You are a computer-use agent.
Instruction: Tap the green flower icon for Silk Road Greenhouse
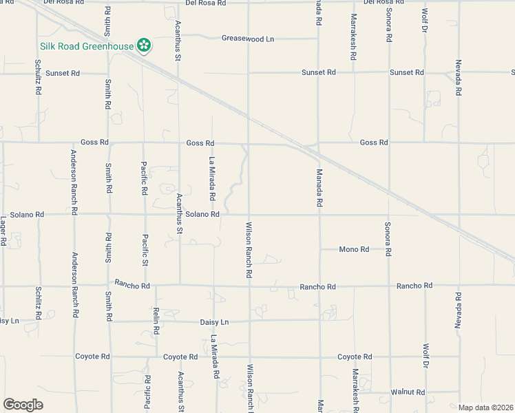(144, 46)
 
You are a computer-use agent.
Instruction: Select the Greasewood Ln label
(248, 39)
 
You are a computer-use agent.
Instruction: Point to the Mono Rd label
(355, 249)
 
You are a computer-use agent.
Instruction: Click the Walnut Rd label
(406, 392)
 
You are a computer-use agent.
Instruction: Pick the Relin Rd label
(156, 321)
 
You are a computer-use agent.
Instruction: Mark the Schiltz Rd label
(38, 302)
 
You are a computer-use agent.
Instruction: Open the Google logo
(23, 405)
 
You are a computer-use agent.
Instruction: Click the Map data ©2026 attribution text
(485, 407)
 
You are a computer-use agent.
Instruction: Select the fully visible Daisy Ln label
(214, 321)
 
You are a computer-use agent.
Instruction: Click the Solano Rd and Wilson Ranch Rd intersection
(249, 214)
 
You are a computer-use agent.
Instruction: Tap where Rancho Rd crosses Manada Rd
(319, 285)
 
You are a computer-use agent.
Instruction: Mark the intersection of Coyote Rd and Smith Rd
(109, 357)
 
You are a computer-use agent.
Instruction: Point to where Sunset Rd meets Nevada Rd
(459, 72)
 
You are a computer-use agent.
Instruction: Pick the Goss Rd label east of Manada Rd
(374, 142)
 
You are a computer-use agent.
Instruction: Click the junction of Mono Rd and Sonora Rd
(388, 249)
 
